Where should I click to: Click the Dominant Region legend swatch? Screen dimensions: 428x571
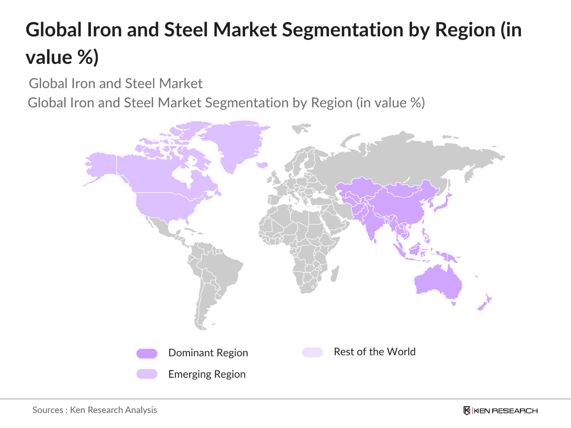pos(147,353)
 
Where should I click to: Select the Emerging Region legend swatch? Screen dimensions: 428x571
pos(147,374)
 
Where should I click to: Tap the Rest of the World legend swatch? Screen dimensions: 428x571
pos(312,352)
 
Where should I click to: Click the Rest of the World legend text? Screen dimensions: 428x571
pos(374,352)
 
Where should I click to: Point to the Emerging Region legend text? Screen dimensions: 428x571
pos(207,374)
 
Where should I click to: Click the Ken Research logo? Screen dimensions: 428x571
pos(500,410)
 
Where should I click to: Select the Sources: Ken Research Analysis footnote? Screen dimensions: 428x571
pos(95,410)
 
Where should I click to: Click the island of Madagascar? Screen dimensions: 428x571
pos(335,274)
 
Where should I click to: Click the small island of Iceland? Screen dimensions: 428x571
pos(262,165)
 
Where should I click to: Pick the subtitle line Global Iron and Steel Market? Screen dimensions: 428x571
pos(116,83)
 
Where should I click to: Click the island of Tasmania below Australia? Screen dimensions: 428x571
pos(453,304)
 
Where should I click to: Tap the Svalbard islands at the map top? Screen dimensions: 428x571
pos(301,128)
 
